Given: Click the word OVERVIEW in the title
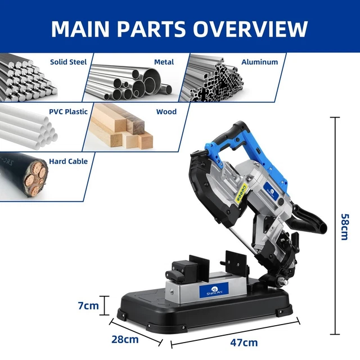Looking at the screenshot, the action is [250, 29].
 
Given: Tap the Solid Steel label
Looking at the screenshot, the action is [69, 62].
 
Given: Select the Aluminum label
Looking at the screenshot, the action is [260, 62].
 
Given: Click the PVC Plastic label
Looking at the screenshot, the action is [69, 111].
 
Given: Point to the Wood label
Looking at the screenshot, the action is [166, 111].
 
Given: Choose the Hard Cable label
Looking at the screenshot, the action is [69, 161].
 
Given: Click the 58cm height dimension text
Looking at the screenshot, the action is [345, 227].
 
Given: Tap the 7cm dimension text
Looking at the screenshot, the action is [88, 305].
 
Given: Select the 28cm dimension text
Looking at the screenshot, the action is [125, 339].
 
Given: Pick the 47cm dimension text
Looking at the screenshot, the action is [244, 343].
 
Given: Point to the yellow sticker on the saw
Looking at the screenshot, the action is [241, 192].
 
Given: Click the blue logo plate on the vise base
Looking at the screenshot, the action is [214, 290].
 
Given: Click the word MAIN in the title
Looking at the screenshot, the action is [80, 29].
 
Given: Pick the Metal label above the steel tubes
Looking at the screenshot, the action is [164, 62].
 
